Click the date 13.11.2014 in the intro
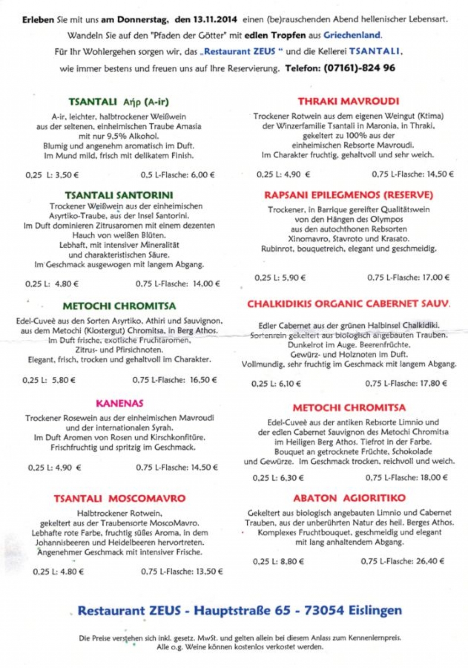pyautogui.click(x=215, y=20)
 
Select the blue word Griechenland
pyautogui.click(x=352, y=35)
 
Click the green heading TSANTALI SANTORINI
pyautogui.click(x=119, y=195)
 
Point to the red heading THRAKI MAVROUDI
pyautogui.click(x=349, y=102)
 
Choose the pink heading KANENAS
pyautogui.click(x=120, y=404)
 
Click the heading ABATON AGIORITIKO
pyautogui.click(x=349, y=498)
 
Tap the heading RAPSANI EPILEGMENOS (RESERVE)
pyautogui.click(x=348, y=195)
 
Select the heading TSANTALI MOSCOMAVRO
pyautogui.click(x=120, y=499)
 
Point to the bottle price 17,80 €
pyautogui.click(x=432, y=383)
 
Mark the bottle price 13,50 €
pyautogui.click(x=209, y=571)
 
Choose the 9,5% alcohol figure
pyautogui.click(x=117, y=136)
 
